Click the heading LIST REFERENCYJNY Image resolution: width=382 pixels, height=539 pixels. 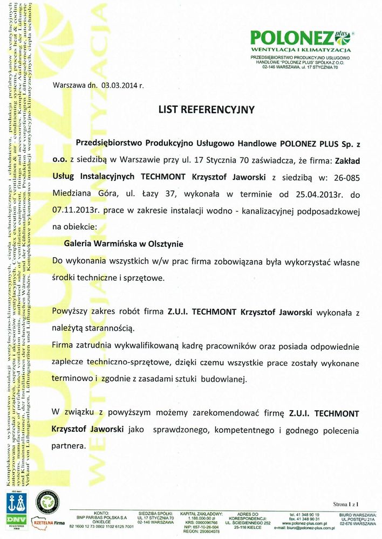coord(206,109)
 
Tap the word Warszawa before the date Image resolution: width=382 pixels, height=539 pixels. coord(70,85)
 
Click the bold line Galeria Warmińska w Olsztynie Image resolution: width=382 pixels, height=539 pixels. coord(124,244)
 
